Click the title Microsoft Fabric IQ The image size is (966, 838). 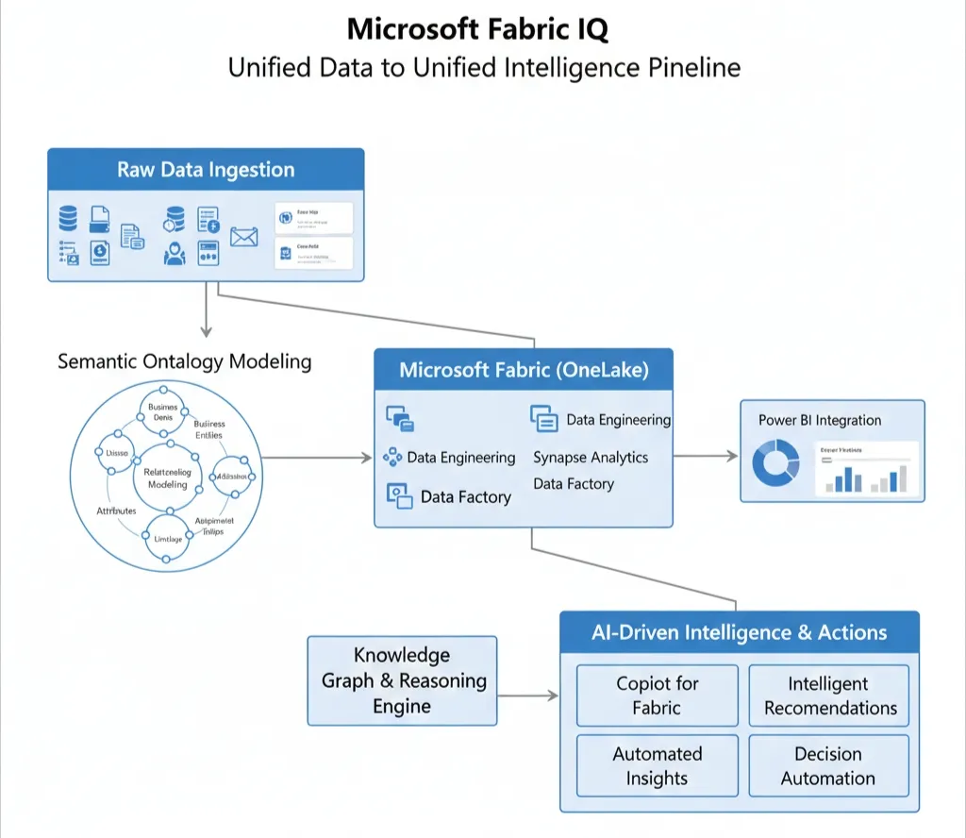[x=477, y=29]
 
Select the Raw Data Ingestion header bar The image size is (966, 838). [x=206, y=170]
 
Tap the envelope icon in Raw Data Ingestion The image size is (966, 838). [x=243, y=237]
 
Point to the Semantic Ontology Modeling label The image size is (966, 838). [x=184, y=361]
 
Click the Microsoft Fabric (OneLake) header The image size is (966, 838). [x=524, y=370]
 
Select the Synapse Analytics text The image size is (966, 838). [x=591, y=458]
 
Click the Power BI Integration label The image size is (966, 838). [x=820, y=420]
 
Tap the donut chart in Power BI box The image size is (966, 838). [x=775, y=466]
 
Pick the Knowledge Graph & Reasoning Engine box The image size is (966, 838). [x=403, y=680]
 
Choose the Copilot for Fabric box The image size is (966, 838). [x=657, y=696]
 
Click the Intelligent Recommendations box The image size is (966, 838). [x=830, y=696]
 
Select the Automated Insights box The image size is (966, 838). [x=657, y=765]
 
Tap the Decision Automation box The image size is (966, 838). [x=828, y=765]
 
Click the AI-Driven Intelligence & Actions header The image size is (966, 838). [x=739, y=632]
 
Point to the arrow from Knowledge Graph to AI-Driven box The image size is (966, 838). [x=528, y=696]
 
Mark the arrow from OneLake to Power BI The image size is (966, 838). [x=706, y=456]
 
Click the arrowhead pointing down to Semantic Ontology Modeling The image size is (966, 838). [x=206, y=330]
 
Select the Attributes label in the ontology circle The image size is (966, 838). [x=116, y=511]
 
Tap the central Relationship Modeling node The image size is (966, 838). [x=167, y=478]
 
